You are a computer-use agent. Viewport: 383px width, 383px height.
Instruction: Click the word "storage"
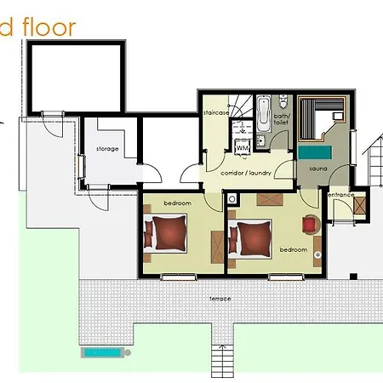(x=107, y=149)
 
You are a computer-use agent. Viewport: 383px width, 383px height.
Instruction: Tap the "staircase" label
(x=216, y=112)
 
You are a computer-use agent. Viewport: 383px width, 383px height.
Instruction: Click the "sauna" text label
(x=318, y=169)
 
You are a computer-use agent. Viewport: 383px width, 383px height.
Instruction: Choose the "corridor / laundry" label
(x=245, y=172)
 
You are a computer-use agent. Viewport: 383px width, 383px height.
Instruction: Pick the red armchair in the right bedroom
(x=309, y=224)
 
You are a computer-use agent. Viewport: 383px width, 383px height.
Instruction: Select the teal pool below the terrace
(x=105, y=351)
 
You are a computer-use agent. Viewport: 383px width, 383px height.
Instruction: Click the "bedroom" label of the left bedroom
(x=177, y=203)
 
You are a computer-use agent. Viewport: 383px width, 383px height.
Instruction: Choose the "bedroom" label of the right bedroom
(x=293, y=249)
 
